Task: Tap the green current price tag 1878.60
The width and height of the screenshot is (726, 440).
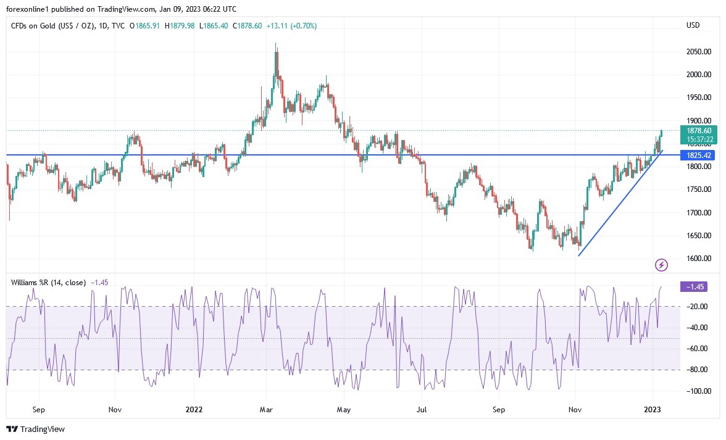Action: click(698, 131)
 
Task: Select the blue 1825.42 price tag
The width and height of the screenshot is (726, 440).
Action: click(698, 154)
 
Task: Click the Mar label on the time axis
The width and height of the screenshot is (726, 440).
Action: click(267, 409)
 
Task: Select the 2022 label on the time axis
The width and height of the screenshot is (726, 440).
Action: click(194, 409)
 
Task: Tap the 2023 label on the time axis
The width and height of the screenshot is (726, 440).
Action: click(653, 409)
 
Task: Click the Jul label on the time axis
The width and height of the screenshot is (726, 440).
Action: click(422, 409)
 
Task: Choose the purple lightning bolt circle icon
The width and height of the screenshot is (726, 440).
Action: click(661, 265)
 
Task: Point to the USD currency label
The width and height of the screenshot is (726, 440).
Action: click(693, 25)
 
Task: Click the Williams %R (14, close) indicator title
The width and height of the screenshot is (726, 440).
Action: click(48, 282)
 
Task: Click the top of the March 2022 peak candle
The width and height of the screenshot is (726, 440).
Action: click(275, 43)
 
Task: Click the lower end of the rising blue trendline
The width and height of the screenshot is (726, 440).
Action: click(578, 255)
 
